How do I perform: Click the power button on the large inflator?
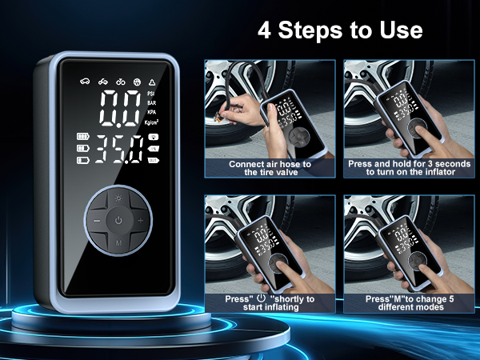[118, 219]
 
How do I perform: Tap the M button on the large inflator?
[118, 241]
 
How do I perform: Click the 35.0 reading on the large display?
[117, 150]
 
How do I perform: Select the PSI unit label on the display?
[151, 94]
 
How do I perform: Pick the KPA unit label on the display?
[151, 113]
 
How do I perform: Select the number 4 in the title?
[264, 30]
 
